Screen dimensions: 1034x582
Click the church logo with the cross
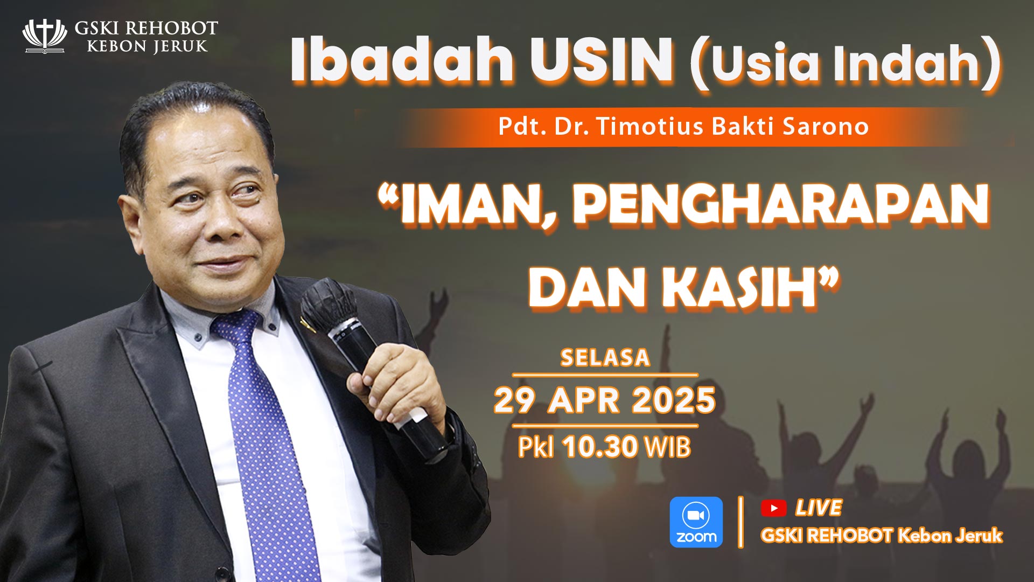tap(44, 36)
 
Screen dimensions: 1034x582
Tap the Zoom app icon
tap(696, 522)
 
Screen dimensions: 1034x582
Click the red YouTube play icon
tap(773, 508)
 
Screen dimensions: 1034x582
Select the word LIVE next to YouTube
tap(819, 508)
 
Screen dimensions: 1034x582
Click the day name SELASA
tap(605, 358)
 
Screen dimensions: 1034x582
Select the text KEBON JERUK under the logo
tap(147, 46)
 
